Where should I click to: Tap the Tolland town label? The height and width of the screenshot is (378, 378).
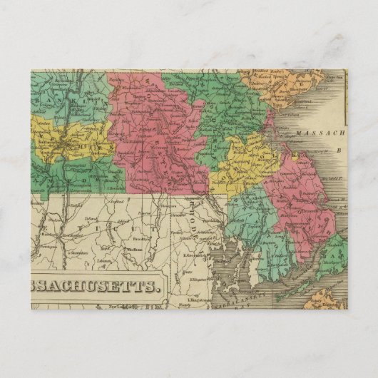(x=91, y=218)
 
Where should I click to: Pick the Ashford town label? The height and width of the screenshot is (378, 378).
(x=120, y=221)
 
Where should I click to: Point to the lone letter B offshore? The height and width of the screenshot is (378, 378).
(x=339, y=150)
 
